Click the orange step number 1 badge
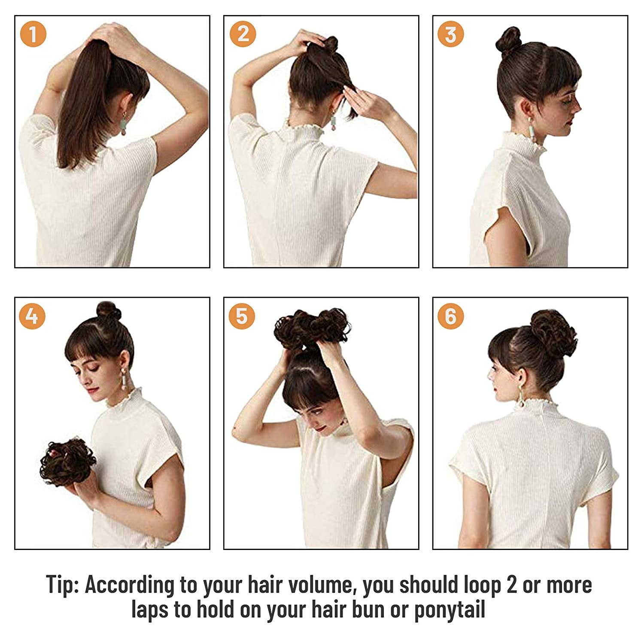coord(33,34)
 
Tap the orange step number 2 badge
coord(243,34)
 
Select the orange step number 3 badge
coord(450,34)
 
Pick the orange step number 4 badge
coord(32,316)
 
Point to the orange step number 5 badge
coord(242,316)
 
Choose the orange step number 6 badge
coord(450,316)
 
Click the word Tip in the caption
coord(62,585)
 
